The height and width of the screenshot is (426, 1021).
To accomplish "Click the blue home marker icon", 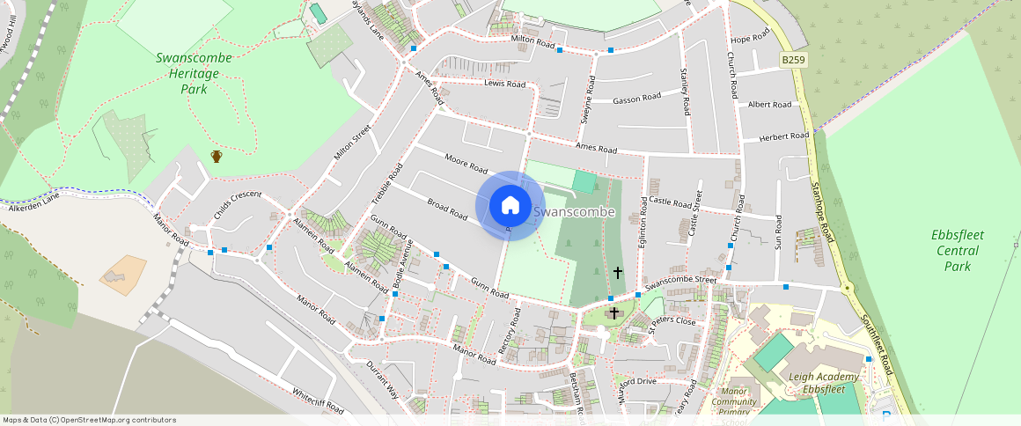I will pyautogui.click(x=510, y=206).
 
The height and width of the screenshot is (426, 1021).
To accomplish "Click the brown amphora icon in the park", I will pyautogui.click(x=217, y=157).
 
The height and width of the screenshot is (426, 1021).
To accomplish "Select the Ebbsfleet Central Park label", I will pyautogui.click(x=957, y=251).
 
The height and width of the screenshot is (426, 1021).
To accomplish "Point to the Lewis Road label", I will pyautogui.click(x=504, y=84).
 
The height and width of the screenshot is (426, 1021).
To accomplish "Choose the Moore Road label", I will pyautogui.click(x=466, y=163).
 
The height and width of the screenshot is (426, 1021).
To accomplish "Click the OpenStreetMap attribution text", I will pyautogui.click(x=89, y=420).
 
